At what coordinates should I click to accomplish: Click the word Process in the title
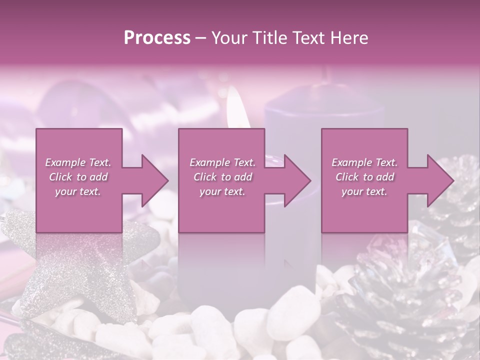tap(157, 37)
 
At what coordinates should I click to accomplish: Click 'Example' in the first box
tap(65, 162)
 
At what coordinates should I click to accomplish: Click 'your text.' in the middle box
tap(222, 191)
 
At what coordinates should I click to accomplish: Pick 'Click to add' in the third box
tap(364, 177)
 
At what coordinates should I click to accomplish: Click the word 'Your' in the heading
tap(228, 37)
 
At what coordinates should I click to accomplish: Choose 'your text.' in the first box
tap(78, 191)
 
